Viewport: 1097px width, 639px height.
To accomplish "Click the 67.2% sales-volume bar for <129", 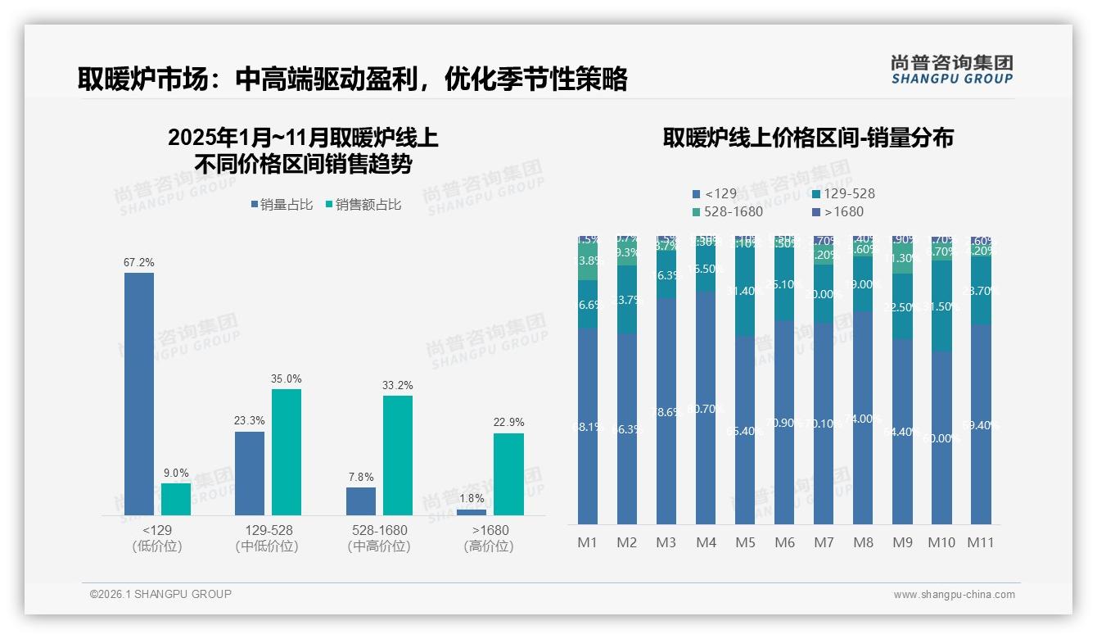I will tap(139, 393).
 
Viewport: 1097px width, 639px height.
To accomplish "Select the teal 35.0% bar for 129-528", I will tap(287, 452).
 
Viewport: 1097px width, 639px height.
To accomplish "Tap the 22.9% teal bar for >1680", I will tap(508, 474).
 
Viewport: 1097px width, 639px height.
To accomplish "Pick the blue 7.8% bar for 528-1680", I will tap(361, 501).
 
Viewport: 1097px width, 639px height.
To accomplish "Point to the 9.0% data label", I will tap(176, 473).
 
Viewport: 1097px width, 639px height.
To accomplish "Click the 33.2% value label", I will tap(398, 385).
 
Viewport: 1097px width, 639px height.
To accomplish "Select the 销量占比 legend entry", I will tap(282, 205).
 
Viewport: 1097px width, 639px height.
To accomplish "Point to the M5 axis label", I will tap(745, 542).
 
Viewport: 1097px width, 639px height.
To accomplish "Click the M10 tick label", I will tap(941, 542).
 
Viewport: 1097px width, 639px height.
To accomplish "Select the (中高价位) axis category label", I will tap(379, 546).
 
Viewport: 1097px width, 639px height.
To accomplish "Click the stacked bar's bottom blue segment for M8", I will tap(863, 418).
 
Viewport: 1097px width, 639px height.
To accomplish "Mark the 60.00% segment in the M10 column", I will tap(941, 438).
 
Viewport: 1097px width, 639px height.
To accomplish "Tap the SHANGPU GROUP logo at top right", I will tap(952, 70).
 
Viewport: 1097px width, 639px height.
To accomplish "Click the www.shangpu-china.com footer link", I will tap(954, 595).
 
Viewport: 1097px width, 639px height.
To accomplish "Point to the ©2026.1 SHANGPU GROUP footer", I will tap(161, 594).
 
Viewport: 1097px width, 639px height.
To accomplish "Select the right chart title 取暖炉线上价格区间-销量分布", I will tap(808, 138).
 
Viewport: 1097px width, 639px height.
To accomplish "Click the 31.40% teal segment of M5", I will tap(745, 291).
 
